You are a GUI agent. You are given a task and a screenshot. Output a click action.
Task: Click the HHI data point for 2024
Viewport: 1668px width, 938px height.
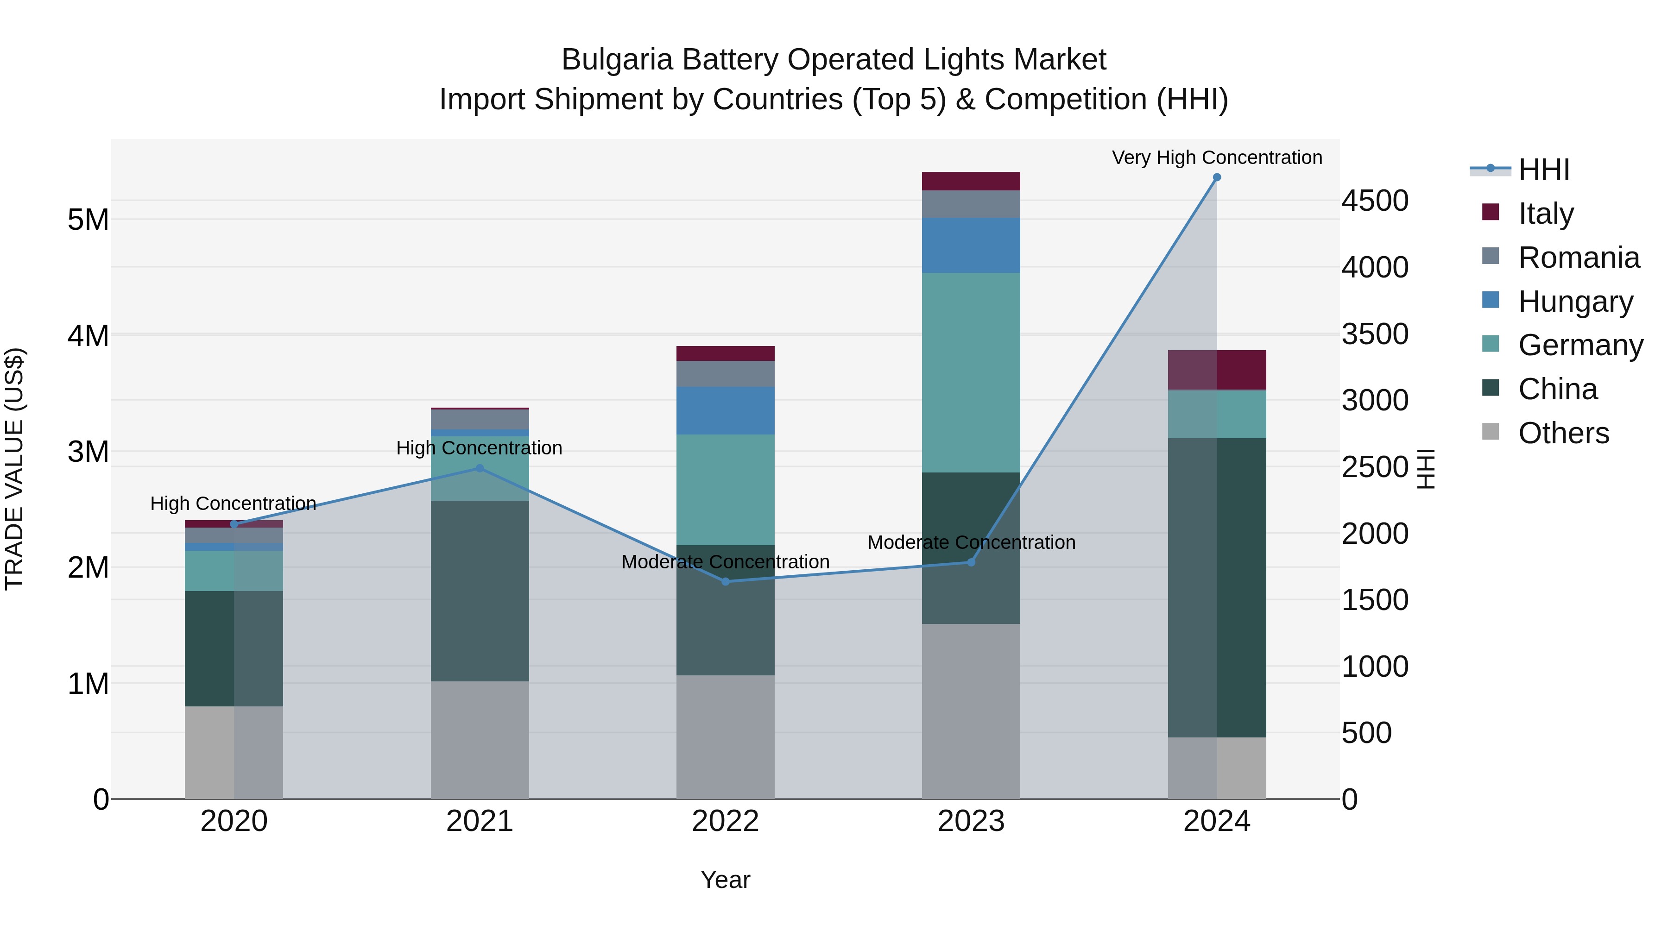tap(1217, 177)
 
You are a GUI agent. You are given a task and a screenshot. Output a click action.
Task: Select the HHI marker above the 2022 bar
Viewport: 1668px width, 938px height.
tap(725, 581)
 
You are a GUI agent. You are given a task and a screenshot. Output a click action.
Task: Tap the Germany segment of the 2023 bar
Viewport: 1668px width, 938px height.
tap(971, 372)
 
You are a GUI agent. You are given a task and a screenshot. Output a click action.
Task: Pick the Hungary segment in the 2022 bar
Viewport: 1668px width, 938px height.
tap(725, 410)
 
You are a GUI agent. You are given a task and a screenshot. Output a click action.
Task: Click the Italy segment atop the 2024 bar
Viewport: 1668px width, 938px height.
tap(1217, 370)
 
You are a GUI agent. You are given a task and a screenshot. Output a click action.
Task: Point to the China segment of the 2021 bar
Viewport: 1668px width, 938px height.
tap(480, 591)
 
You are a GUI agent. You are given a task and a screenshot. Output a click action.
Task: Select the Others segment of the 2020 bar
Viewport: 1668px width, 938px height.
tap(234, 752)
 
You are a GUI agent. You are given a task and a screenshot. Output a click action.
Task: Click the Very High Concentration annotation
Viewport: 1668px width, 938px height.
tap(1217, 157)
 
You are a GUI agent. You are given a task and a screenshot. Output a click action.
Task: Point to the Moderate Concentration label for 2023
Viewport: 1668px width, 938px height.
tap(971, 542)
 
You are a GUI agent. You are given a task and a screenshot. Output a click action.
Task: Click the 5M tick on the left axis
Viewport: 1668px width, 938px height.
tap(88, 220)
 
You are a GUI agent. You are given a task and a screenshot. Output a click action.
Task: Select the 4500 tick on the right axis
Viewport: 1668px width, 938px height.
tap(1375, 201)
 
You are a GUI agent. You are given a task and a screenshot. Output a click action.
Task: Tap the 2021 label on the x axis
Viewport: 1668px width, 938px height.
tap(480, 821)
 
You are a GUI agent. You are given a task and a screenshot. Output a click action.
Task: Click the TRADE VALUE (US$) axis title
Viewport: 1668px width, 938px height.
tap(14, 469)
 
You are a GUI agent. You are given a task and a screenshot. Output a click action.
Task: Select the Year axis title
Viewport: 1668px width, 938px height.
tap(725, 880)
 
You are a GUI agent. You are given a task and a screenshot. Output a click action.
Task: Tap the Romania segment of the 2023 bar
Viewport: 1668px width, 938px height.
tap(971, 204)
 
